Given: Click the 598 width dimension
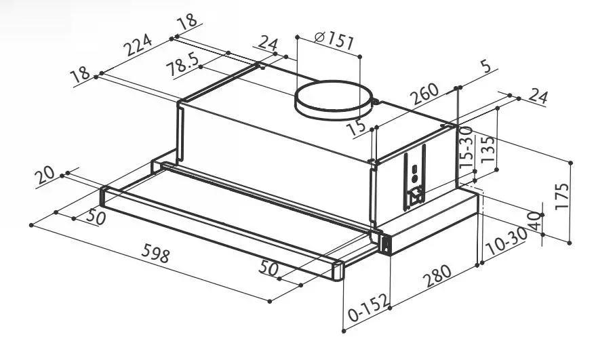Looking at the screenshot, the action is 155,253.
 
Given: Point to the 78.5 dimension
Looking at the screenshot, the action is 183,64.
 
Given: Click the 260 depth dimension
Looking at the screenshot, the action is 425,94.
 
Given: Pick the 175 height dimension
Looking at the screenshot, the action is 562,195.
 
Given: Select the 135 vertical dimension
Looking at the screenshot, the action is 488,149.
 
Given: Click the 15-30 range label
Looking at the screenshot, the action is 466,148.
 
